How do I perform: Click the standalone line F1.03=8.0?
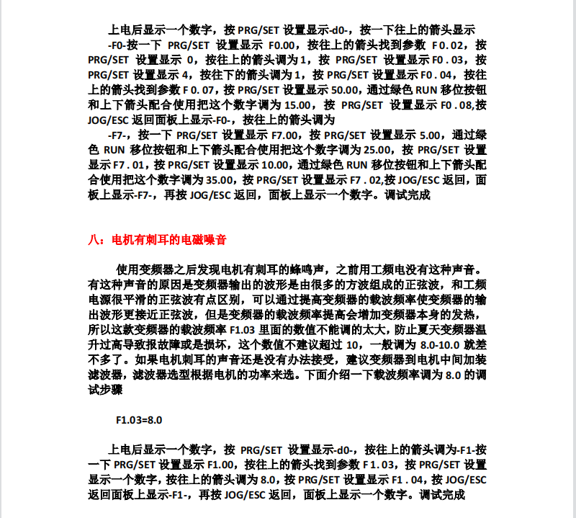click(139, 419)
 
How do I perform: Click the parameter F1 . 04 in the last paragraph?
click(407, 480)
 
